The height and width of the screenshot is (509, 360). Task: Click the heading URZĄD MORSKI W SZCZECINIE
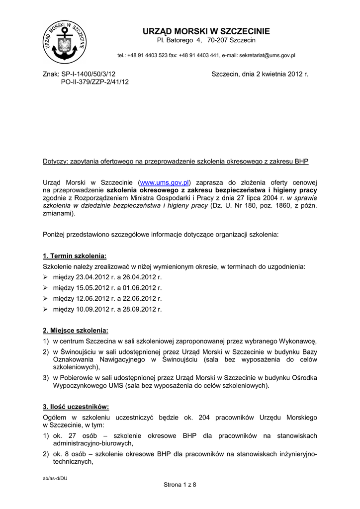click(206, 31)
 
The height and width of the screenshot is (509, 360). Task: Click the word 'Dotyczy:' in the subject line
click(55, 162)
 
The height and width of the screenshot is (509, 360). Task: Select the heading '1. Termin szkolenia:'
click(75, 256)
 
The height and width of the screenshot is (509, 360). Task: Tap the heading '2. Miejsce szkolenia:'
click(76, 331)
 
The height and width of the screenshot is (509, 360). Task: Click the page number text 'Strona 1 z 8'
click(180, 485)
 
